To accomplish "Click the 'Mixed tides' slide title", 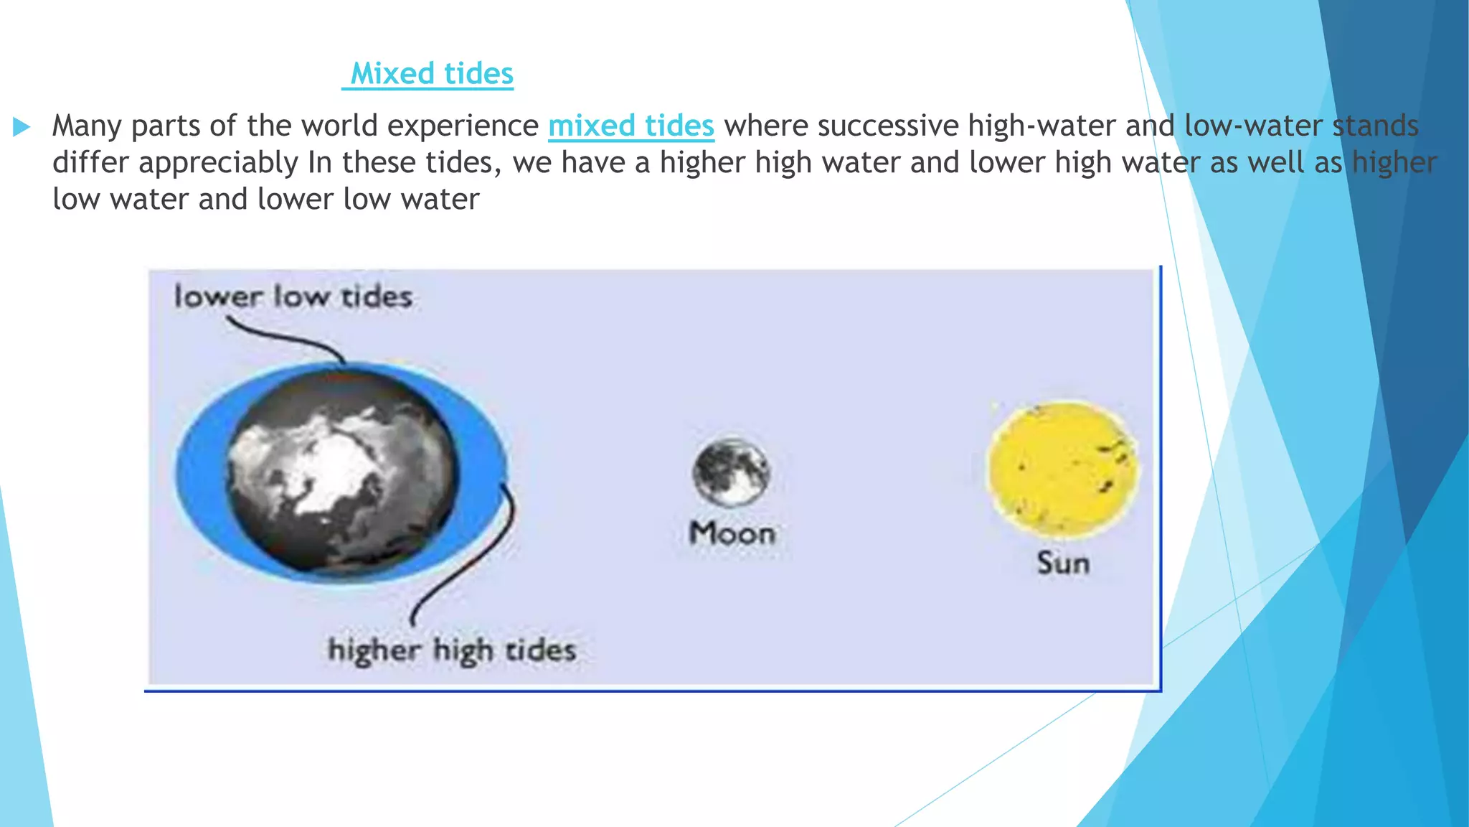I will pos(431,74).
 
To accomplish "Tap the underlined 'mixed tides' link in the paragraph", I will pos(630,126).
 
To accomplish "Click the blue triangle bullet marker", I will pos(22,128).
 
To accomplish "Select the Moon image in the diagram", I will pos(731,472).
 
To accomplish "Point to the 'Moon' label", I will pos(732,533).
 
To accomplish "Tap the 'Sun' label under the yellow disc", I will pos(1063,563).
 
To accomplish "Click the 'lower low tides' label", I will pos(293,296).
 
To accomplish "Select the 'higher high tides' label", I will pos(452,650).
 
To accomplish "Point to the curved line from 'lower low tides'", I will pos(287,338).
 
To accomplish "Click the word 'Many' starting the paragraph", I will pos(87,126).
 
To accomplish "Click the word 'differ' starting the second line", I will pos(90,163).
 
